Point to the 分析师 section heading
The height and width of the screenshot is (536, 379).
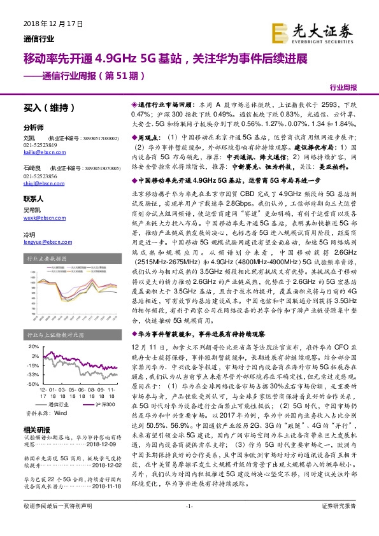tap(32, 127)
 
